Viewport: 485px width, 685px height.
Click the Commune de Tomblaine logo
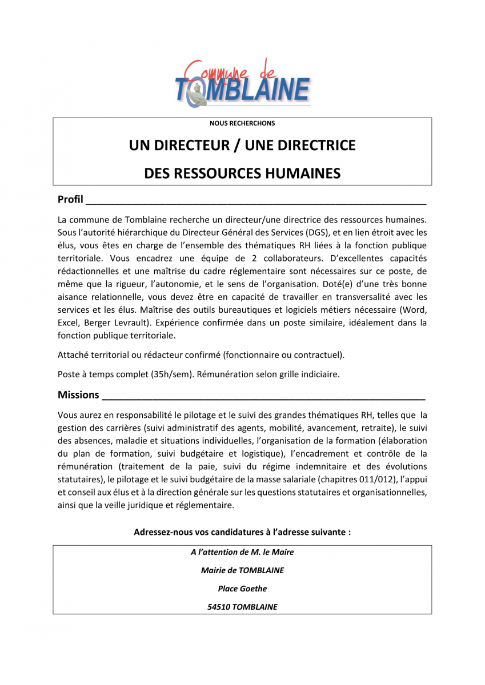pos(242,83)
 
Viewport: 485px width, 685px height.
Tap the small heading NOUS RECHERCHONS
pos(242,123)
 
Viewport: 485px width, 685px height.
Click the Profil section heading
pos(70,200)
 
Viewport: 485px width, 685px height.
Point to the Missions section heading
pos(78,395)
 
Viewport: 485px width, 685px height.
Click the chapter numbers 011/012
pos(364,480)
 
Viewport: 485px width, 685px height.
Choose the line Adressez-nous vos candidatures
pos(242,532)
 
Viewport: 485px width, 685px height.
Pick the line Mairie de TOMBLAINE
pos(242,570)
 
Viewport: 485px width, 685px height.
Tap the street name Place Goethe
pos(242,589)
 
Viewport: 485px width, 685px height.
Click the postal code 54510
pos(219,607)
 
